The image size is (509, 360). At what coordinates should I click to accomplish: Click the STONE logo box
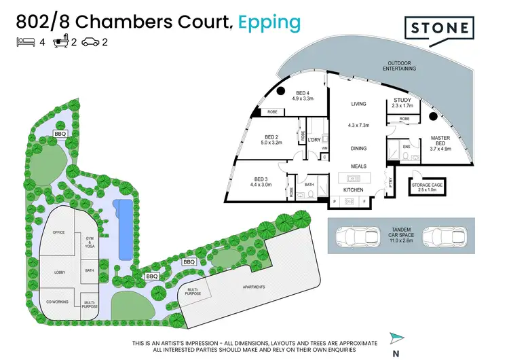pos(437,28)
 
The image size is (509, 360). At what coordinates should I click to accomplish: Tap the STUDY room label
pos(402,103)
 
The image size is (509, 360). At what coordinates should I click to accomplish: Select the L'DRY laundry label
pos(314,140)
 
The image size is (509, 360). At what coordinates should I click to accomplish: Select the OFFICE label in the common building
pos(58,233)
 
